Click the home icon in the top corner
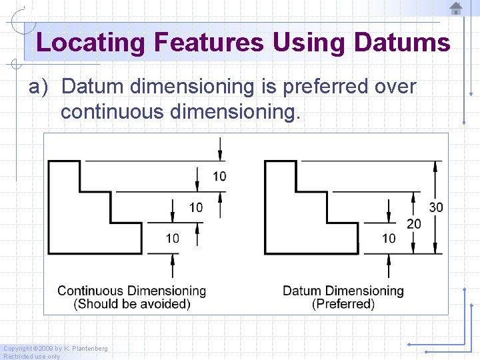[456, 9]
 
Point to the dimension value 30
[436, 207]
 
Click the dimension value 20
[414, 224]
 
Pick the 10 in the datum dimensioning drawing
[389, 238]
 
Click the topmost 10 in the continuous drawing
[219, 176]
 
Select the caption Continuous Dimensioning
[131, 291]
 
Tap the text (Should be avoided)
[132, 304]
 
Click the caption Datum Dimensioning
[343, 291]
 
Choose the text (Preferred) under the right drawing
[343, 304]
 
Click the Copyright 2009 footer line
[55, 349]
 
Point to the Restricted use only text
[32, 356]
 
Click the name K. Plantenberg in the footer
[86, 349]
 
